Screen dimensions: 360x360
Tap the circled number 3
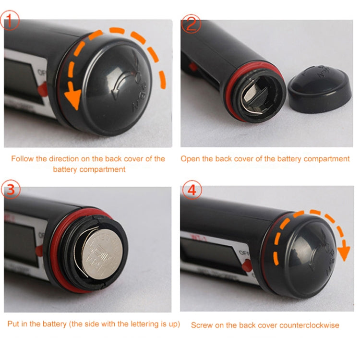pyautogui.click(x=11, y=191)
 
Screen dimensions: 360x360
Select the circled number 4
pyautogui.click(x=192, y=191)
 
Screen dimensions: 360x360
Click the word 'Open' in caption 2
pyautogui.click(x=190, y=159)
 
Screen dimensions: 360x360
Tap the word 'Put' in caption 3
pyautogui.click(x=13, y=324)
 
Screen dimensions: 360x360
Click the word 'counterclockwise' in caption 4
pyautogui.click(x=312, y=325)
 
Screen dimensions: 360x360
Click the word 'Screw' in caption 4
pyautogui.click(x=202, y=325)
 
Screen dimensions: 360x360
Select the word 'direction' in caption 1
pyautogui.click(x=72, y=159)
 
